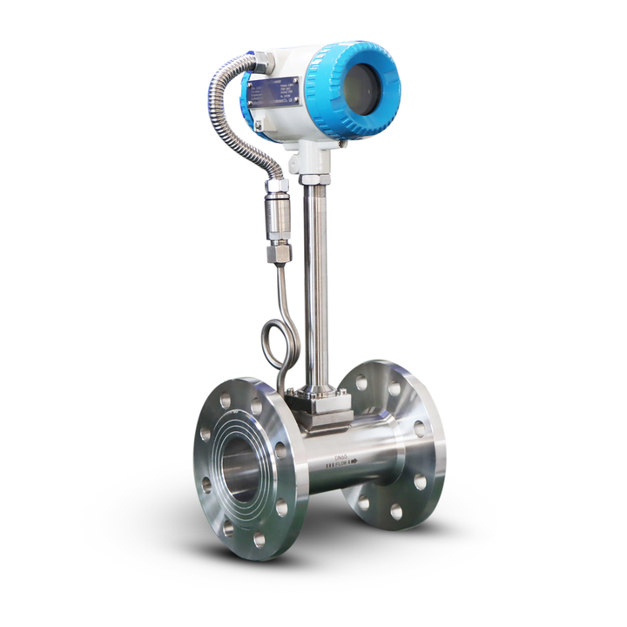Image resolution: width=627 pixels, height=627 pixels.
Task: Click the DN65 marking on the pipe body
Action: pyautogui.click(x=340, y=455)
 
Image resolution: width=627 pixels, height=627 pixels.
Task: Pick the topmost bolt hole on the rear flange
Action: pyautogui.click(x=361, y=381)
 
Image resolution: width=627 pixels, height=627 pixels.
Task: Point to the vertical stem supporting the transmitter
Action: pyautogui.click(x=317, y=279)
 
